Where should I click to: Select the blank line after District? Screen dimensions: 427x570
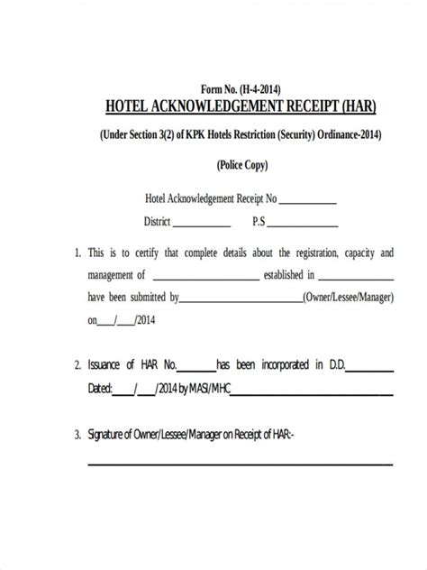(x=201, y=225)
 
